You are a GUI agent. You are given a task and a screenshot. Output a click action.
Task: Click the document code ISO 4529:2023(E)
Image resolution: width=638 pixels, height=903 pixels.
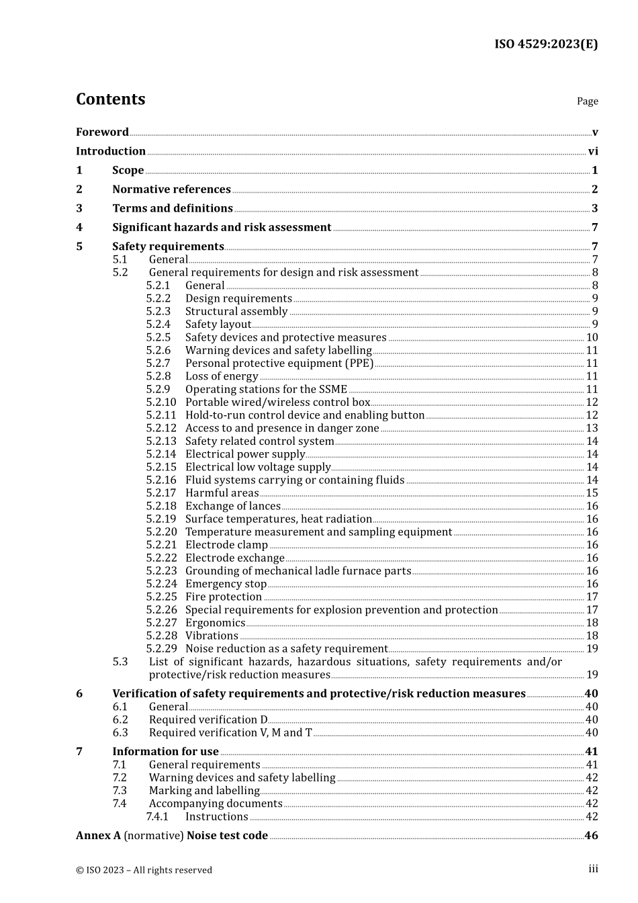[546, 44]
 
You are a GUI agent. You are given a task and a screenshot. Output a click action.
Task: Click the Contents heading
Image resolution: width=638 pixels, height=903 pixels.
[110, 99]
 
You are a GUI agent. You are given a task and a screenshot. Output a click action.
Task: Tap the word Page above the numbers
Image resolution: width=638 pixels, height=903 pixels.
[587, 101]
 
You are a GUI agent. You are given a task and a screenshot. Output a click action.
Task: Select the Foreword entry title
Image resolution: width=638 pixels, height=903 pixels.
[102, 132]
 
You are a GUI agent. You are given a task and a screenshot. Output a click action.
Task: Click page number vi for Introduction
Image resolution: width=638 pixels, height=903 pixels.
[593, 151]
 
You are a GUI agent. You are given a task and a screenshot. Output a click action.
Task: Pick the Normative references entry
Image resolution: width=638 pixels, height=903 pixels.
[171, 189]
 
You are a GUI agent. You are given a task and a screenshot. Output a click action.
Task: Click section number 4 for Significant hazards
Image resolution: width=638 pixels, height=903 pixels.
[79, 228]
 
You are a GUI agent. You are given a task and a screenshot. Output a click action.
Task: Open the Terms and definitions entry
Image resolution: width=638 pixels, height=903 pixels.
[173, 208]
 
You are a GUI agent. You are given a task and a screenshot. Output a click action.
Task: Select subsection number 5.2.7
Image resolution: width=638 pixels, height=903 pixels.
[158, 363]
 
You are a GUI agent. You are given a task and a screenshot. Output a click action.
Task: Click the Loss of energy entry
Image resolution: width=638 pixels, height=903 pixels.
[222, 376]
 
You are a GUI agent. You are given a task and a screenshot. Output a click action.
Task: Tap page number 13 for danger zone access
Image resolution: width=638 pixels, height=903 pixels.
[592, 428]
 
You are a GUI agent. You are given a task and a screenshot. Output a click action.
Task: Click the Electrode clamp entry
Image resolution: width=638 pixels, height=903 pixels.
[226, 545]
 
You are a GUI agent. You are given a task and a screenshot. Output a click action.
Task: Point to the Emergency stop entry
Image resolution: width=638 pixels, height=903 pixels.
[226, 584]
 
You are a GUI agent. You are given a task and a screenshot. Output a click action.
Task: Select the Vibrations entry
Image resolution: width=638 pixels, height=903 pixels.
[212, 636]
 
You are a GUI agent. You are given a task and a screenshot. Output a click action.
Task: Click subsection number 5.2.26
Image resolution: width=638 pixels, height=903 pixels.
[161, 610]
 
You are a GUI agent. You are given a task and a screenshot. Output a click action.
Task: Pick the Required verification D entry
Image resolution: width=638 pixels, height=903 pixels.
[208, 720]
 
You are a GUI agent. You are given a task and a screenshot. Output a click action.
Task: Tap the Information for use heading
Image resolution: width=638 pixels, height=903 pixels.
[165, 752]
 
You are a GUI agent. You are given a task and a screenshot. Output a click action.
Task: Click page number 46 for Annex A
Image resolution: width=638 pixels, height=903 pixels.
[591, 836]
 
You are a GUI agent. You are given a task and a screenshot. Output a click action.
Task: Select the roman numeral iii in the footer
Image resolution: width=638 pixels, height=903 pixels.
[593, 869]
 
